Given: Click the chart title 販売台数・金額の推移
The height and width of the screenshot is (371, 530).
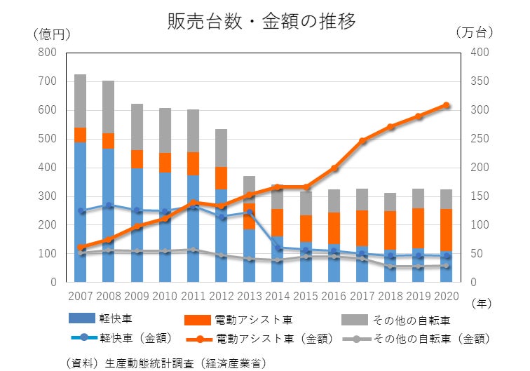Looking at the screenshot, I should click(x=261, y=21).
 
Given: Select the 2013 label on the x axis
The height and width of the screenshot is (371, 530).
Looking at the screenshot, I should click(x=250, y=297).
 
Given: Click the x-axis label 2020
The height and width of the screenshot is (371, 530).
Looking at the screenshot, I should click(x=446, y=297).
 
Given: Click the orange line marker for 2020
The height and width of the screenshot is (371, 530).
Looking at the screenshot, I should click(x=446, y=105).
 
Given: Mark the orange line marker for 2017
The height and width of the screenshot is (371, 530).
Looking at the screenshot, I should click(x=362, y=141).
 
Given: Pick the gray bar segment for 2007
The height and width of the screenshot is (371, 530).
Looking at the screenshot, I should click(x=80, y=101).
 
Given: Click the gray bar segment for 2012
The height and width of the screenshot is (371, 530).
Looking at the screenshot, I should click(x=221, y=148).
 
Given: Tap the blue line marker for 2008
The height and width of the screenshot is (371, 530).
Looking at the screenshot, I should click(x=108, y=205).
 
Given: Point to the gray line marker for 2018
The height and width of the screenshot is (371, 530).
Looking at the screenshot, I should click(x=390, y=267).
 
